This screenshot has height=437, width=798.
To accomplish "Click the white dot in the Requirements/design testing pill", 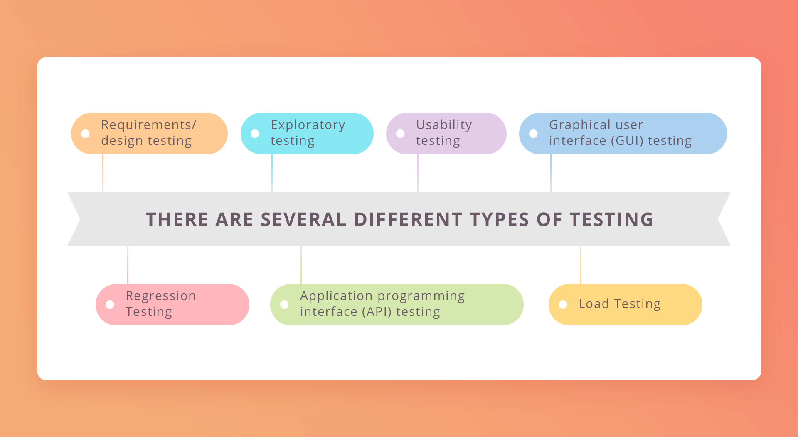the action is click(86, 134).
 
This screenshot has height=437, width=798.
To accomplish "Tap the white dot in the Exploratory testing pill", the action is click(255, 134).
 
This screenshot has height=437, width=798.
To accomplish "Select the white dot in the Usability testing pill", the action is click(401, 134).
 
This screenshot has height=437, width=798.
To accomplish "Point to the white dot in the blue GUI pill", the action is click(534, 134).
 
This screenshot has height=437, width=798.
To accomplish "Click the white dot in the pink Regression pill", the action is click(110, 305).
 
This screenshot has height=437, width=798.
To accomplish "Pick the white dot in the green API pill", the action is click(285, 305).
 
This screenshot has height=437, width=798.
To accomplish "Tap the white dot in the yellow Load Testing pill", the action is click(563, 305).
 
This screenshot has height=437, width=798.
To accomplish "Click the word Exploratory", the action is click(308, 125).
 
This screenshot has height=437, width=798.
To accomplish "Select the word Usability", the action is click(444, 125).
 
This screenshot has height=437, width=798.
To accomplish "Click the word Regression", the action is click(161, 296).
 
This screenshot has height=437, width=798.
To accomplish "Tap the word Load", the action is click(594, 304).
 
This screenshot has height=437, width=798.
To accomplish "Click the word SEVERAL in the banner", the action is click(303, 219).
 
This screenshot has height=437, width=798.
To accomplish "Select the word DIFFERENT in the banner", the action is click(408, 219).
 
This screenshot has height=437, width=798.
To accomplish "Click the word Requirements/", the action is click(148, 125).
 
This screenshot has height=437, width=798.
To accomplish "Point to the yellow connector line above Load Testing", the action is click(581, 265).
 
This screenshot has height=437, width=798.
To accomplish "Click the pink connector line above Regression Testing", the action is click(128, 265).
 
